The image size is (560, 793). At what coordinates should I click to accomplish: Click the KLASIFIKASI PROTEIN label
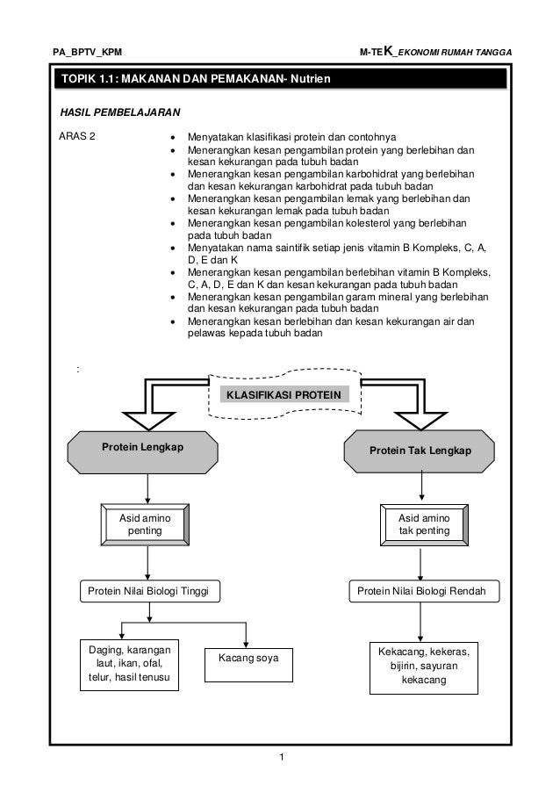tap(284, 395)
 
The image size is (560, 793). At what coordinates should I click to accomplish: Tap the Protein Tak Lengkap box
tap(420, 451)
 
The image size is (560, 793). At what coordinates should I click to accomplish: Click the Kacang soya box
tap(248, 658)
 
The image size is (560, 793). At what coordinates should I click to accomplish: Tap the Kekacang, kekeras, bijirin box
tap(423, 667)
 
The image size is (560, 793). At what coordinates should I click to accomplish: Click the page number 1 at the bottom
tap(280, 756)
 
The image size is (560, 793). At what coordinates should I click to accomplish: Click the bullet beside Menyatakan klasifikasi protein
tap(169, 139)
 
